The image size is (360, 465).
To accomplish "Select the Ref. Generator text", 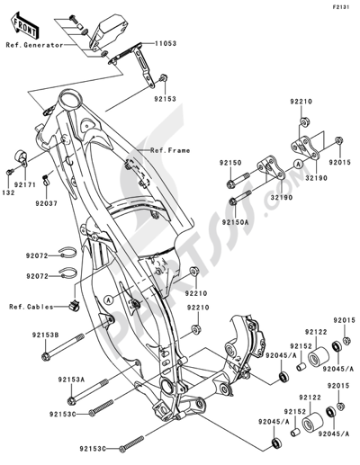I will (x=33, y=44).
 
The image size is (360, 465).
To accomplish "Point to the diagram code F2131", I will (x=341, y=6).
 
